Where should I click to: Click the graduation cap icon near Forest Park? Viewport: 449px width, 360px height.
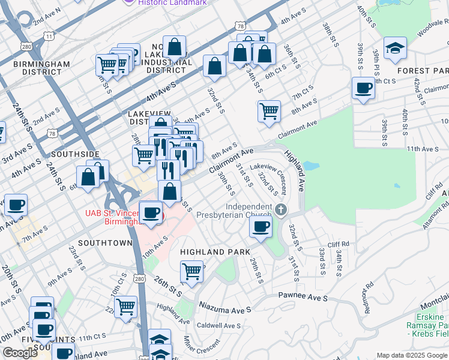[x=395, y=49]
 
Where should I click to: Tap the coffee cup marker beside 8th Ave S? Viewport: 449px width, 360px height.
[x=363, y=89]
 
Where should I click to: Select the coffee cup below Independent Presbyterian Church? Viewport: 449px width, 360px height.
[x=261, y=227]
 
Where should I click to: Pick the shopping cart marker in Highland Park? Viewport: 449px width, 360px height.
[x=192, y=271]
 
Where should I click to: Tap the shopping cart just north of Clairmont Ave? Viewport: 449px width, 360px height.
[x=269, y=111]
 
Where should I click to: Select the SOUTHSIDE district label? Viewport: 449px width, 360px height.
[x=75, y=154]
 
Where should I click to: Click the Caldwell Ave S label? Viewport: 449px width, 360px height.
[x=218, y=326]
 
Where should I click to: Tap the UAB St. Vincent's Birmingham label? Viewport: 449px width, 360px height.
[x=111, y=217]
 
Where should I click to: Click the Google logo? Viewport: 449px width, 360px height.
[x=20, y=352]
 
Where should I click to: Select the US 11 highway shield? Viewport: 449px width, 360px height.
[x=49, y=37]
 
